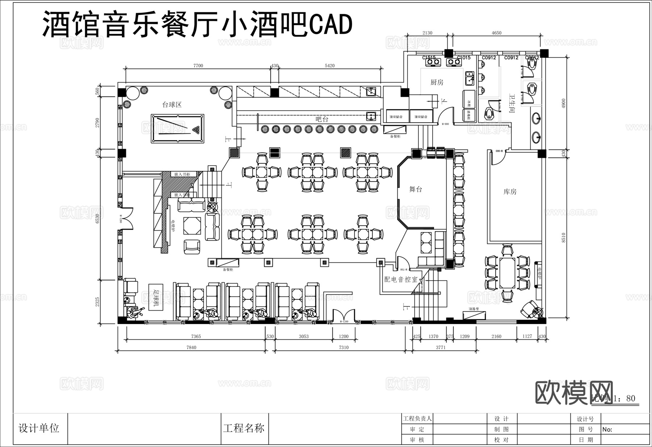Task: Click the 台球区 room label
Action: pos(172,105)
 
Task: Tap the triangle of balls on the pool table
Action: pos(196,129)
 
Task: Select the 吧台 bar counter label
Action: pos(322,119)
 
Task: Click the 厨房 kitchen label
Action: pos(437,82)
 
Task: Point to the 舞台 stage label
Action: pos(415,189)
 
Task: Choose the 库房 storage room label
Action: pos(510,191)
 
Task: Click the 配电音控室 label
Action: pos(401,280)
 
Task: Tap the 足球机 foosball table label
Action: pos(156,299)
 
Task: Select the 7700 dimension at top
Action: pos(198,66)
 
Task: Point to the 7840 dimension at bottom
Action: pos(191,347)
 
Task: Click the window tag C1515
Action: pos(429,58)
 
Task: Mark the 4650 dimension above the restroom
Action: pos(496,33)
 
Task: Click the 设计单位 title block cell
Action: pos(39,428)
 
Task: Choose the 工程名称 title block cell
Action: pos(243,428)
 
